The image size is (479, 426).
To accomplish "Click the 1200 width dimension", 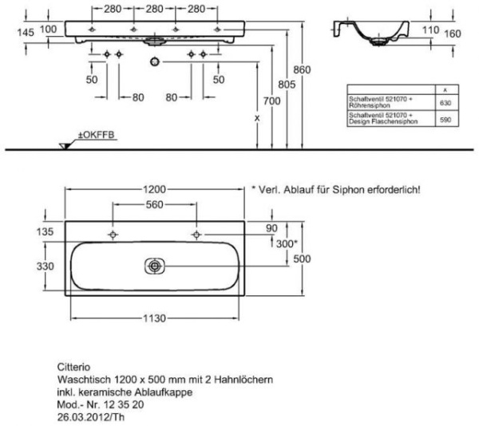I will point(154,190).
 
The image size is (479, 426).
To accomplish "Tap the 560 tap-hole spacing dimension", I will point(154,205).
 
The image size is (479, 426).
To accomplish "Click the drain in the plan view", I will point(155,266).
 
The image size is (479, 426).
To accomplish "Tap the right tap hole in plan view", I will point(196,235).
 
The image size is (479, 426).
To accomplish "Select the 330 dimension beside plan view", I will point(46,264).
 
